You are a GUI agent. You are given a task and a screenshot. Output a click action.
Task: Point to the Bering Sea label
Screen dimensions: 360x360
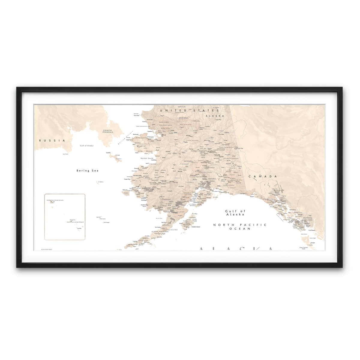(x=88, y=170)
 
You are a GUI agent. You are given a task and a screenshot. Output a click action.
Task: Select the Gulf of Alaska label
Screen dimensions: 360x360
(x=235, y=213)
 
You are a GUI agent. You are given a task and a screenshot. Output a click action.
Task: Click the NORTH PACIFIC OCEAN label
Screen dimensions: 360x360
(x=236, y=226)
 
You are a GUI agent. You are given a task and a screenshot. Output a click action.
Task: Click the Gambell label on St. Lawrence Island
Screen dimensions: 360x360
(x=109, y=152)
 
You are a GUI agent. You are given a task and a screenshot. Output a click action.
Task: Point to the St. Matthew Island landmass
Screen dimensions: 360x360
(x=98, y=182)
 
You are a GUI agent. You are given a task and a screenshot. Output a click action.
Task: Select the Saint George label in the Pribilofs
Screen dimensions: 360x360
(x=106, y=222)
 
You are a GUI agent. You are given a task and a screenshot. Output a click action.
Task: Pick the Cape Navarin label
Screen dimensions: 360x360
(x=65, y=154)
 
